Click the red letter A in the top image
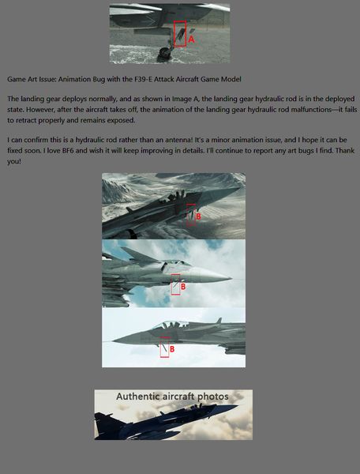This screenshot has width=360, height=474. coord(191,39)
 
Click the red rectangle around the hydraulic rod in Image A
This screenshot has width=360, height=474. coord(174,33)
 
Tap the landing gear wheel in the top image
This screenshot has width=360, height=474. coord(164,53)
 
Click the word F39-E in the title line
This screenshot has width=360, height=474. coord(144,80)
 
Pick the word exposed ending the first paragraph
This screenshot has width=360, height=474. coord(123,121)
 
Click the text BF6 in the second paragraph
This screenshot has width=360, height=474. coord(68,151)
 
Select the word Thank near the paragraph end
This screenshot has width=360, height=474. coord(345,151)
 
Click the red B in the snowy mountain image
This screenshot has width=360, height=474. coord(198,216)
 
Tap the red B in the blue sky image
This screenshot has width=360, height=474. coord(183,287)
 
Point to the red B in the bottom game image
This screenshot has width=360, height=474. coord(172,349)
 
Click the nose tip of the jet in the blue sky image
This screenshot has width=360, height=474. coord(231,278)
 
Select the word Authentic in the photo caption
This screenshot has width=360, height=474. coord(137,397)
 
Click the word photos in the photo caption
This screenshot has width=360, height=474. coord(213,397)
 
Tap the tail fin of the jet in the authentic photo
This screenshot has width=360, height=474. coord(102,423)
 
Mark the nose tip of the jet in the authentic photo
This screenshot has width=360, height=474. coord(238,406)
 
